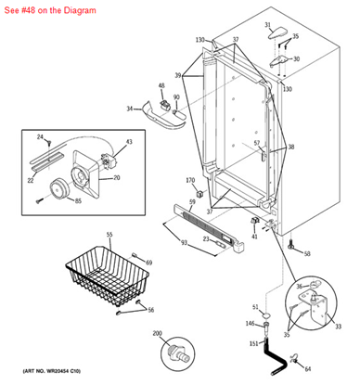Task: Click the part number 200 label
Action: pyautogui.click(x=157, y=333)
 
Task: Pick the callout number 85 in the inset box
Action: pyautogui.click(x=78, y=200)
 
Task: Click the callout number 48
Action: pyautogui.click(x=161, y=86)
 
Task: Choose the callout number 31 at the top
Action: pyautogui.click(x=267, y=25)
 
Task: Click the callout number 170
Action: pyautogui.click(x=190, y=180)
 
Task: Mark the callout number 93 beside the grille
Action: pyautogui.click(x=184, y=242)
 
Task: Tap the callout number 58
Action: pyautogui.click(x=307, y=253)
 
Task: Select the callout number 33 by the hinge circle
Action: pyautogui.click(x=338, y=326)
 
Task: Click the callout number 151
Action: pyautogui.click(x=253, y=343)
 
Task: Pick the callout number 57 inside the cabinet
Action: pyautogui.click(x=257, y=143)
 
